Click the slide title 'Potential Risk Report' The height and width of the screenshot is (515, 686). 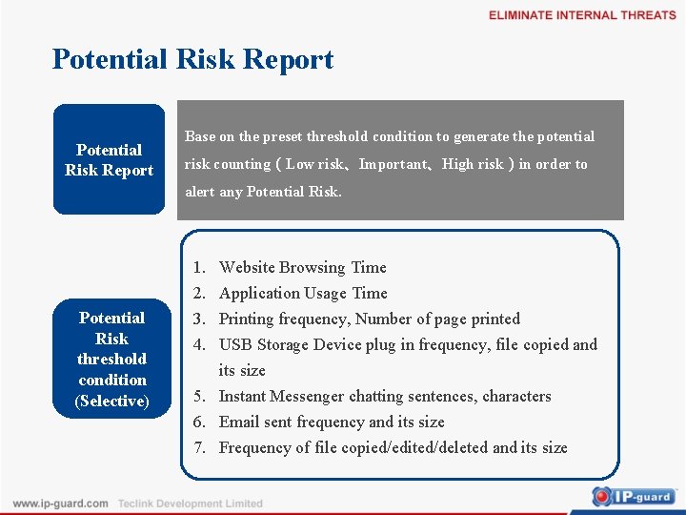coord(192,59)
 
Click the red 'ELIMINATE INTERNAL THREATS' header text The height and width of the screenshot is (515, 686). coord(582,15)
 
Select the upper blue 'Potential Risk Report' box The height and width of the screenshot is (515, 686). coord(109,159)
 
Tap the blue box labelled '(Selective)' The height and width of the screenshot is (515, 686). coord(111,360)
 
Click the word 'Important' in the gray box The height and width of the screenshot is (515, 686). coord(393,164)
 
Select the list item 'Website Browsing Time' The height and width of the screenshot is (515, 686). coord(302,267)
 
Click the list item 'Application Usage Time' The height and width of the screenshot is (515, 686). coord(303,293)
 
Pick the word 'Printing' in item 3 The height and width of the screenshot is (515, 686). coord(246,319)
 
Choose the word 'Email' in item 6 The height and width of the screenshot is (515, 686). coord(238,422)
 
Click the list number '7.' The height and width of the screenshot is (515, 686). coord(201,447)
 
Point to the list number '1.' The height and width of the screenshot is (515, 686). coord(201,267)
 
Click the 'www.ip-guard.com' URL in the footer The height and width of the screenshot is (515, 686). coord(60,504)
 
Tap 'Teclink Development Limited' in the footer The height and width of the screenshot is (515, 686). coord(190,504)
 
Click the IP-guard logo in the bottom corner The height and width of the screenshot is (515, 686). coord(633,496)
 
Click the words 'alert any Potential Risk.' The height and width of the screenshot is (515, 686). coord(263,192)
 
